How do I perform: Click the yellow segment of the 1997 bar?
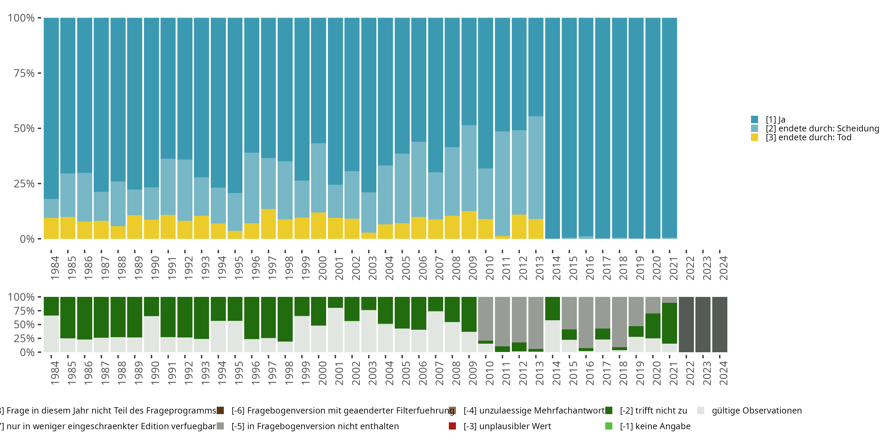coord(268,224)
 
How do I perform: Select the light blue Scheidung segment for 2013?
coord(536,168)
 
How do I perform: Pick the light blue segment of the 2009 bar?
coord(469,168)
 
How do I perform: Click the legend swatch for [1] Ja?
coord(755,120)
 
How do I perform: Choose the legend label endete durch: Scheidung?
coord(822,128)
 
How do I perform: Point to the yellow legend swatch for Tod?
coord(755,138)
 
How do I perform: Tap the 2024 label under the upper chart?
coord(723,268)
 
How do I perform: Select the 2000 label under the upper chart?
coord(322,268)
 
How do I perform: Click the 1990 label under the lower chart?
coord(155,373)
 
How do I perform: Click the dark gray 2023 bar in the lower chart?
coord(703,324)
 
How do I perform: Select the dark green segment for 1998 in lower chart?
coord(285,319)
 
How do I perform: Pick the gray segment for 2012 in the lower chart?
coord(519,319)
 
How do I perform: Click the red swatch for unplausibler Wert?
coord(452,426)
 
